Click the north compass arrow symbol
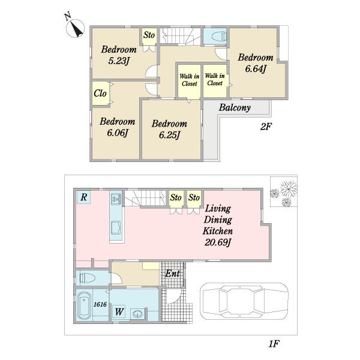point(75,28)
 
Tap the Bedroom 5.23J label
point(119,55)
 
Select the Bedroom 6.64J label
point(256,63)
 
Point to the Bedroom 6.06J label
point(118,127)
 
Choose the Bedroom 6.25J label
point(169,129)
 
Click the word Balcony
point(235,107)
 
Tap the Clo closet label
point(100,93)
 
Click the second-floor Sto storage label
point(149,35)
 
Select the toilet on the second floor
point(218,37)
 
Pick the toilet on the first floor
point(88,278)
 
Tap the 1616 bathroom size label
point(100,304)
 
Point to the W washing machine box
point(119,311)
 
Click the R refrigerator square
point(83,197)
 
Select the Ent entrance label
point(172,273)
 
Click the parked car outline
point(244,301)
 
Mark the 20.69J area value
point(217,242)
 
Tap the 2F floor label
point(266,127)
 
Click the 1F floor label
point(274,343)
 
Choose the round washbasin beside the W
point(138,314)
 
